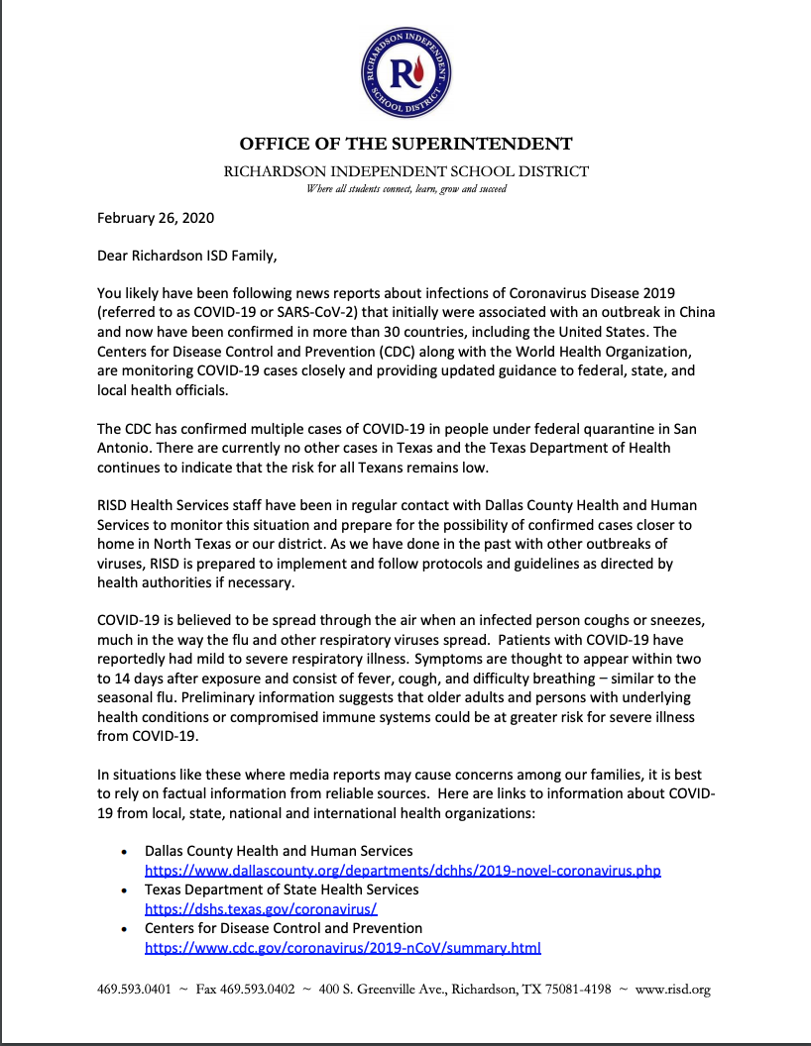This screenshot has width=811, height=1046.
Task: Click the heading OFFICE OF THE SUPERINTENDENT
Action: [405, 144]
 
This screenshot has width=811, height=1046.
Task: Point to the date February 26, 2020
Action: [156, 218]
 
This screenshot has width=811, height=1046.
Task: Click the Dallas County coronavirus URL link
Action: [403, 871]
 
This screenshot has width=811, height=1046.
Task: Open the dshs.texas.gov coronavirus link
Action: [261, 908]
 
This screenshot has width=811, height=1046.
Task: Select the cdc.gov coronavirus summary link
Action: [343, 947]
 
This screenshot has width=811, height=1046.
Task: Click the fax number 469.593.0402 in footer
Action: [261, 990]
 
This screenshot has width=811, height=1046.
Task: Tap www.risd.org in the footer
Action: [672, 990]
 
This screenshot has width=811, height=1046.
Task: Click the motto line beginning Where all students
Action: [405, 188]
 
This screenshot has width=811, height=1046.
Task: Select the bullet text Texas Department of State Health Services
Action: [282, 889]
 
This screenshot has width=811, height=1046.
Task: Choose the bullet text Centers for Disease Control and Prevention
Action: [284, 928]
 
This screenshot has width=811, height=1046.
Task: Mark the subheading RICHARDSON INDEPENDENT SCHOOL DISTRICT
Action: [405, 171]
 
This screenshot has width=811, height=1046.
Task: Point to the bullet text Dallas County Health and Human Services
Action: [279, 851]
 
